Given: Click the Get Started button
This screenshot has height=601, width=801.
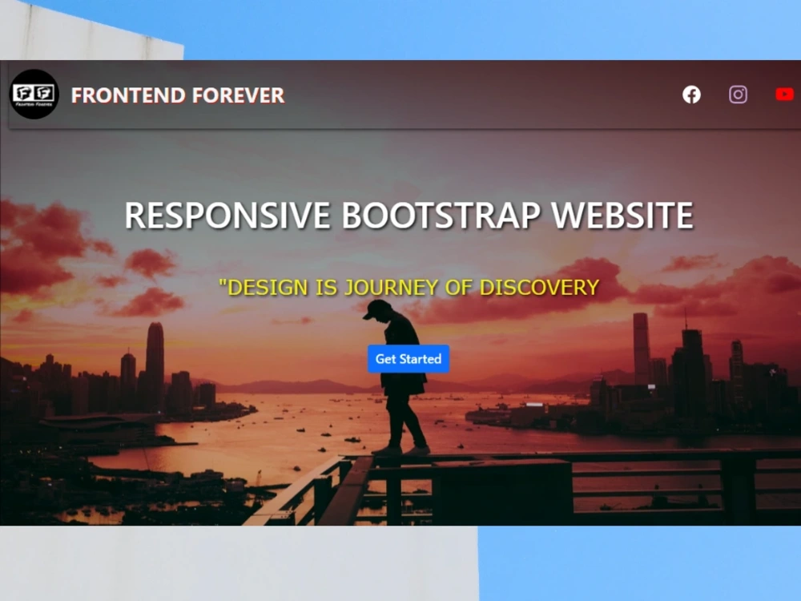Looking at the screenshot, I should click(409, 359).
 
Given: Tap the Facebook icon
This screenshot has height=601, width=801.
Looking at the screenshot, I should click(691, 95).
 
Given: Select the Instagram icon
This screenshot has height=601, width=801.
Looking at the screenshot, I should click(738, 95).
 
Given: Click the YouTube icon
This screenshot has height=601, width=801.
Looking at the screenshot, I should click(784, 95).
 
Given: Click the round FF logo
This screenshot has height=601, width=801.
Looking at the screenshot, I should click(34, 95).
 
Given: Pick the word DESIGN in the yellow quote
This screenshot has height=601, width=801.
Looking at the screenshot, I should click(267, 287).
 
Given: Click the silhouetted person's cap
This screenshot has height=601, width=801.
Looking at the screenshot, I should click(376, 309).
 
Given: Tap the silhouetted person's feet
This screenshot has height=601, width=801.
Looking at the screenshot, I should click(400, 450).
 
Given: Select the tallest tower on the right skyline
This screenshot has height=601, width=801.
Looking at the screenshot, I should click(641, 345).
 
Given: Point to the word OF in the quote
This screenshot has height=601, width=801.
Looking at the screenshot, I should click(457, 287).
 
